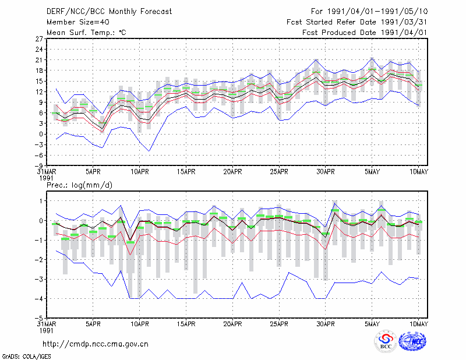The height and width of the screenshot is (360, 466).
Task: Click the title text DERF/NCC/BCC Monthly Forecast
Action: (x=109, y=12)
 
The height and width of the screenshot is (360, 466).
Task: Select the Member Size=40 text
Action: (x=78, y=22)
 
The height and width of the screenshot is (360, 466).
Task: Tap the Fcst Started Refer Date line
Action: (x=357, y=22)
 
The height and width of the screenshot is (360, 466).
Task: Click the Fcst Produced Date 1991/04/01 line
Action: (x=365, y=33)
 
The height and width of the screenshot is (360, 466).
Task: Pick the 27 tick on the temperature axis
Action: (x=39, y=39)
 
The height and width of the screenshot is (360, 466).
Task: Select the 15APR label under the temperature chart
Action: (x=186, y=172)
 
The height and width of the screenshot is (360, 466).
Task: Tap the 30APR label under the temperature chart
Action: (x=326, y=172)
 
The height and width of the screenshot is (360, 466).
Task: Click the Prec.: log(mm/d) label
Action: (x=79, y=185)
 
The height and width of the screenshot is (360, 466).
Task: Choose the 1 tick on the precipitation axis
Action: (x=41, y=201)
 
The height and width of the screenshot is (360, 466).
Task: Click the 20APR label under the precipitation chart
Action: (x=232, y=324)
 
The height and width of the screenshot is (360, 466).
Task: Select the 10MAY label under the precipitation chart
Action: (x=419, y=324)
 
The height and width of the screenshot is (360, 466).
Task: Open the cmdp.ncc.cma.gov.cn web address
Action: (x=96, y=344)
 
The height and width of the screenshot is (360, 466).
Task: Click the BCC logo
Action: (x=386, y=342)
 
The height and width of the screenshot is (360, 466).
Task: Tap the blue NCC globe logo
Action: (x=412, y=341)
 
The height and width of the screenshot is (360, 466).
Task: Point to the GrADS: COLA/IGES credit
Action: (x=26, y=357)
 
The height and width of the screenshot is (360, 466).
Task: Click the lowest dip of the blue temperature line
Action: (x=149, y=151)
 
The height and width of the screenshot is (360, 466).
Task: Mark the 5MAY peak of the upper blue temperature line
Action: (x=372, y=58)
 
